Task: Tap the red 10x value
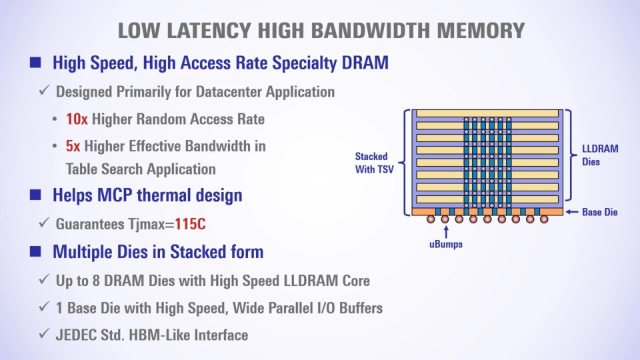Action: coord(77,119)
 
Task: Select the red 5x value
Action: coord(73,146)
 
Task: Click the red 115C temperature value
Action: coord(190,224)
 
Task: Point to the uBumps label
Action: coord(446,244)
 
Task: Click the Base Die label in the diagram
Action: coord(599,212)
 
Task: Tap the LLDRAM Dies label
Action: coord(600,155)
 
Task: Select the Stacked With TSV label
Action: coord(374,163)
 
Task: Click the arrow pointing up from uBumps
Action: coord(446,232)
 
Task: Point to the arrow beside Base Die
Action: coord(571,212)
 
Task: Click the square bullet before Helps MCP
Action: coord(35,195)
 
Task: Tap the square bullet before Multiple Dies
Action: coord(35,251)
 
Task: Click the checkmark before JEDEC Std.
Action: coord(44,333)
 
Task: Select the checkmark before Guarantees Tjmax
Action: coord(44,223)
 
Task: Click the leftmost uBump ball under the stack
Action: coord(431,219)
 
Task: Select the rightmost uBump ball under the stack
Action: coord(544,219)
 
